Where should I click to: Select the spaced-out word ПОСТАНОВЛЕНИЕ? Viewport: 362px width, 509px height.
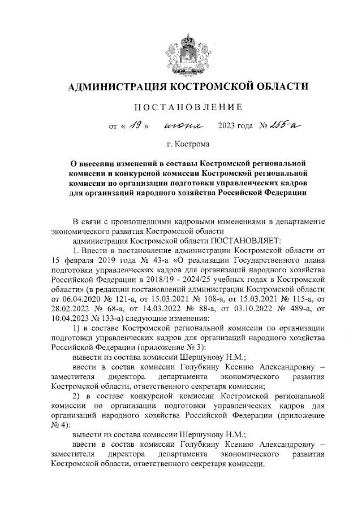(x=188, y=107)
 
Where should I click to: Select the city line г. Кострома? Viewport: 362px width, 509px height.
(x=187, y=145)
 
